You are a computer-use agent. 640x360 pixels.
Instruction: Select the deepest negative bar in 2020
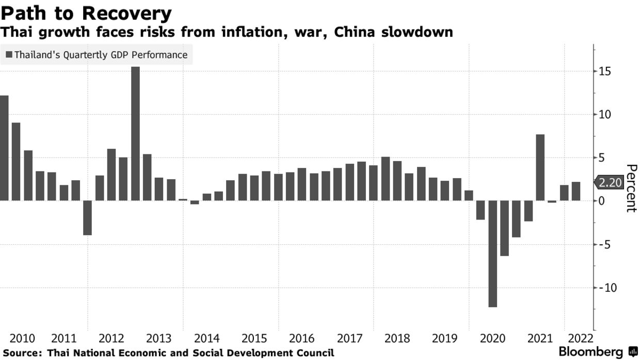tap(492, 254)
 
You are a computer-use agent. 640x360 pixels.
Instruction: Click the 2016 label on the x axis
tap(302, 339)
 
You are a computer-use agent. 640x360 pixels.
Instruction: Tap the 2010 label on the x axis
tap(22, 339)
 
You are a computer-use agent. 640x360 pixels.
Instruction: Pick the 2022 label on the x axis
tap(580, 339)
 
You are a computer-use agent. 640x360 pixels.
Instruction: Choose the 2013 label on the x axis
tap(159, 339)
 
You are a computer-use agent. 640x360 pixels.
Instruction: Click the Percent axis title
tap(631, 189)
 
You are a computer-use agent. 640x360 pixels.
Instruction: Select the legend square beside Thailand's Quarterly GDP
tap(9, 54)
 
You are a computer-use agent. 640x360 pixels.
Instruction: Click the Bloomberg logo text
tap(591, 352)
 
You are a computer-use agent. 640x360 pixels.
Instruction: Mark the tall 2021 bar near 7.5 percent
tap(540, 167)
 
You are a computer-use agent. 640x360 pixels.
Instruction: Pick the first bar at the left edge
tap(4, 148)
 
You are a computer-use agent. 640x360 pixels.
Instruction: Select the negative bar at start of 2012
tap(87, 218)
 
